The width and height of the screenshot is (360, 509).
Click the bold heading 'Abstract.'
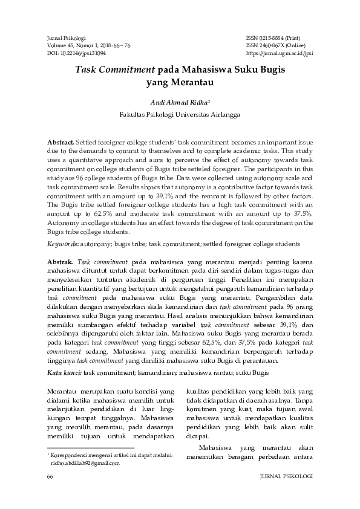pyautogui.click(x=61, y=141)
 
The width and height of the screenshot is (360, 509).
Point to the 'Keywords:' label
pyautogui.click(x=63, y=244)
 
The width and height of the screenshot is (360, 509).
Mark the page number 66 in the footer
pyautogui.click(x=50, y=477)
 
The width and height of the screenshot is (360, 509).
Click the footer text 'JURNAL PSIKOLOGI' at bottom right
pyautogui.click(x=285, y=477)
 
